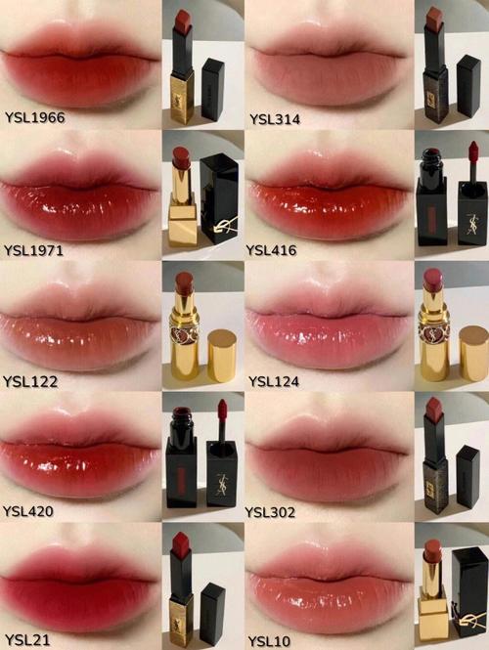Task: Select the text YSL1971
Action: tap(34, 250)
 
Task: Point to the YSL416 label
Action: tap(275, 250)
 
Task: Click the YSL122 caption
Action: tap(30, 380)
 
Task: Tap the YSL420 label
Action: tap(30, 510)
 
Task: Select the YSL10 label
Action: tap(269, 639)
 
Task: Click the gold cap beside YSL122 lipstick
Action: tap(222, 354)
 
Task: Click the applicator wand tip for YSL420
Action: tap(221, 408)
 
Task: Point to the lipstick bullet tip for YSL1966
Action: tap(181, 18)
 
